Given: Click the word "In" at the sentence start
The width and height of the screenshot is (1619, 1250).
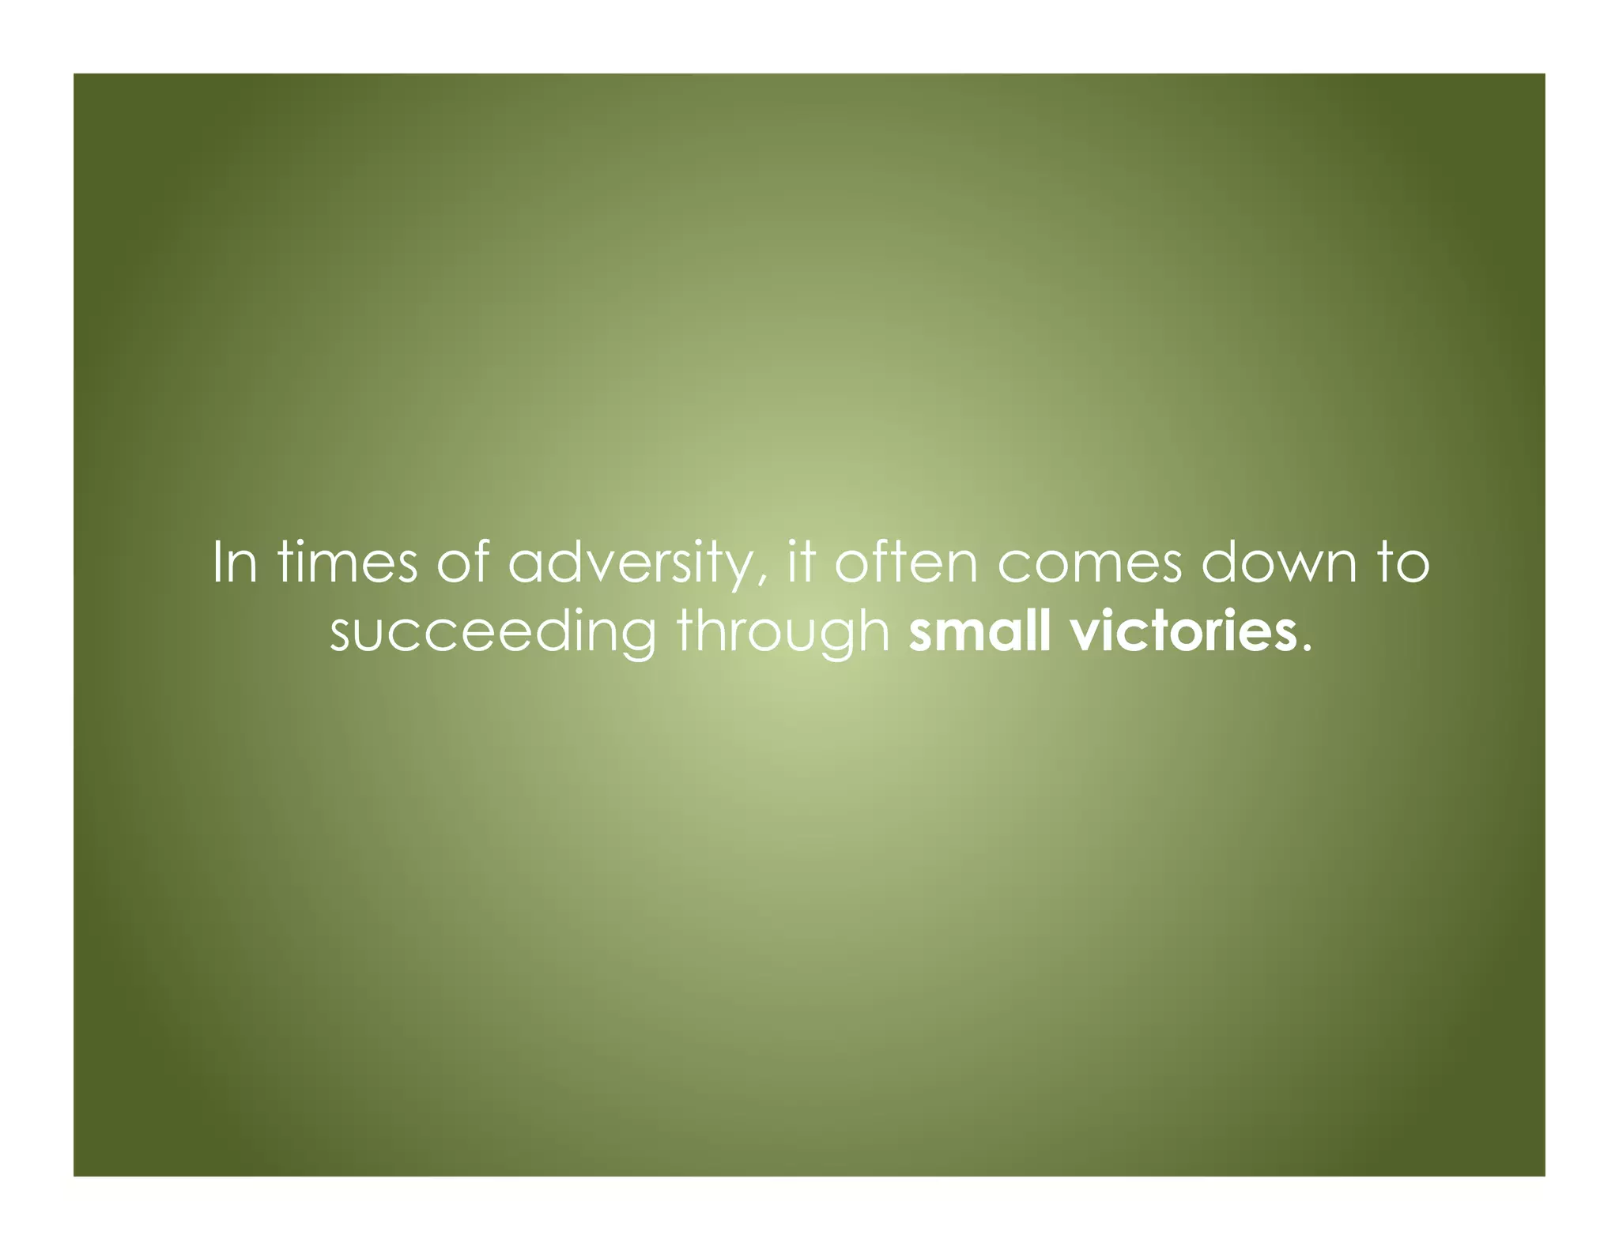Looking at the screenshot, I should tap(235, 563).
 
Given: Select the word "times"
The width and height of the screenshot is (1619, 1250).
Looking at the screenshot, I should tap(347, 563).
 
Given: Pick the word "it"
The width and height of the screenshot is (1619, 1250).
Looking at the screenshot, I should tap(801, 563).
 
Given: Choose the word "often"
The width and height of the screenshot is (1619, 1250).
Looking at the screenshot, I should tap(907, 563).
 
